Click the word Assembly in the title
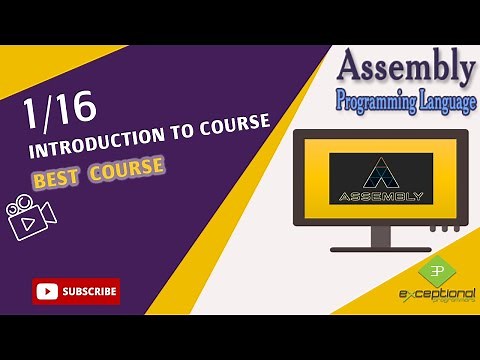click(405, 67)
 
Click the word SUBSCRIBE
click(89, 292)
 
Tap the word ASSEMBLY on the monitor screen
click(381, 195)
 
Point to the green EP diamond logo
click(434, 272)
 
